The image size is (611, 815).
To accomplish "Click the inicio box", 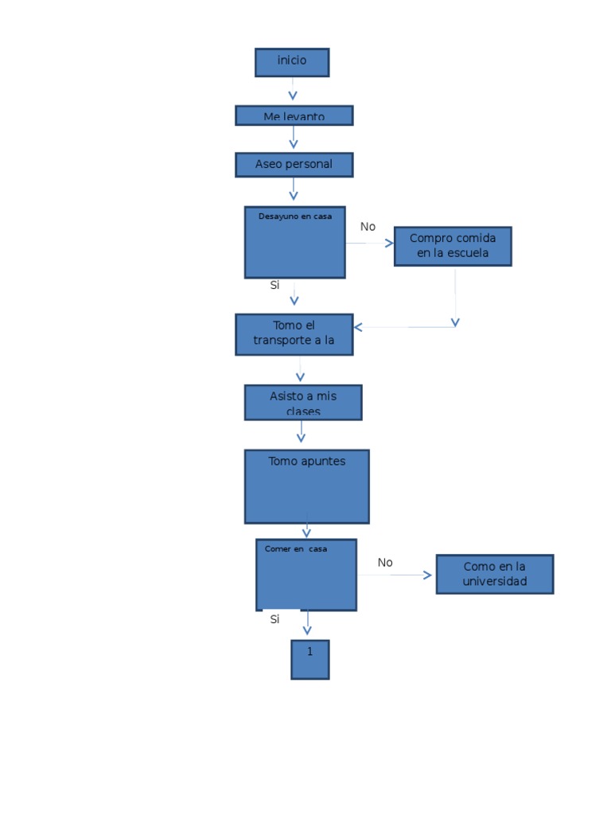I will pos(292,62).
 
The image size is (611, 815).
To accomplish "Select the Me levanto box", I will pos(294,115).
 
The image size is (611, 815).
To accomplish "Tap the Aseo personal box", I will pos(294,165).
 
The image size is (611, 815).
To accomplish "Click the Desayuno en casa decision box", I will pos(294,243).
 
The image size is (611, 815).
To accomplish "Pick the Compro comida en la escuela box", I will pos(453,246).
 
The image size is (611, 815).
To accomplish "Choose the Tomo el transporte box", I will pos(294,334).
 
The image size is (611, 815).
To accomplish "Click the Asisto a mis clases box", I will pos(302,403).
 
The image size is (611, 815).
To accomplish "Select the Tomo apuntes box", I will pos(306,486).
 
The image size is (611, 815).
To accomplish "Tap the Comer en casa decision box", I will pos(306,575).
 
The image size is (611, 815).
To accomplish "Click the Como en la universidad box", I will pos(494,574).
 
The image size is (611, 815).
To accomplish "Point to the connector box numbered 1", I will pos(309,659).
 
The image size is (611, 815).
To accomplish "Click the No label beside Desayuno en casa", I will pos(368,227).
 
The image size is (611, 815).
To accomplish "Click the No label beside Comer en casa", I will pos(385,563).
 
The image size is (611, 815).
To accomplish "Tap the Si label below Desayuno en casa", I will pos(274,285).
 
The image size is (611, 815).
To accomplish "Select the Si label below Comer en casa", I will pos(274,619).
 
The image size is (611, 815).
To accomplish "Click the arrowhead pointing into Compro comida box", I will pos(389,244).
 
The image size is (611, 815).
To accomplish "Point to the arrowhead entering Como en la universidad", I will pos(428,575).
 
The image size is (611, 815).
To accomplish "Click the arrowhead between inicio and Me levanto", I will pos(293,96).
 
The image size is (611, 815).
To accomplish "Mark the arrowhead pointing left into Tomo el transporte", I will pos(359,327).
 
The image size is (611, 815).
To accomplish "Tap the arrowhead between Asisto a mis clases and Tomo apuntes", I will pos(301,437).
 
